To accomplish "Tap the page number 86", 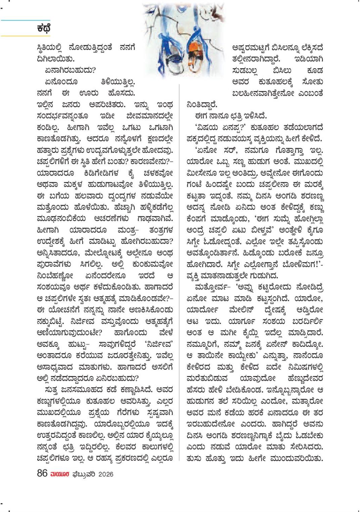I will click(42, 474).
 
